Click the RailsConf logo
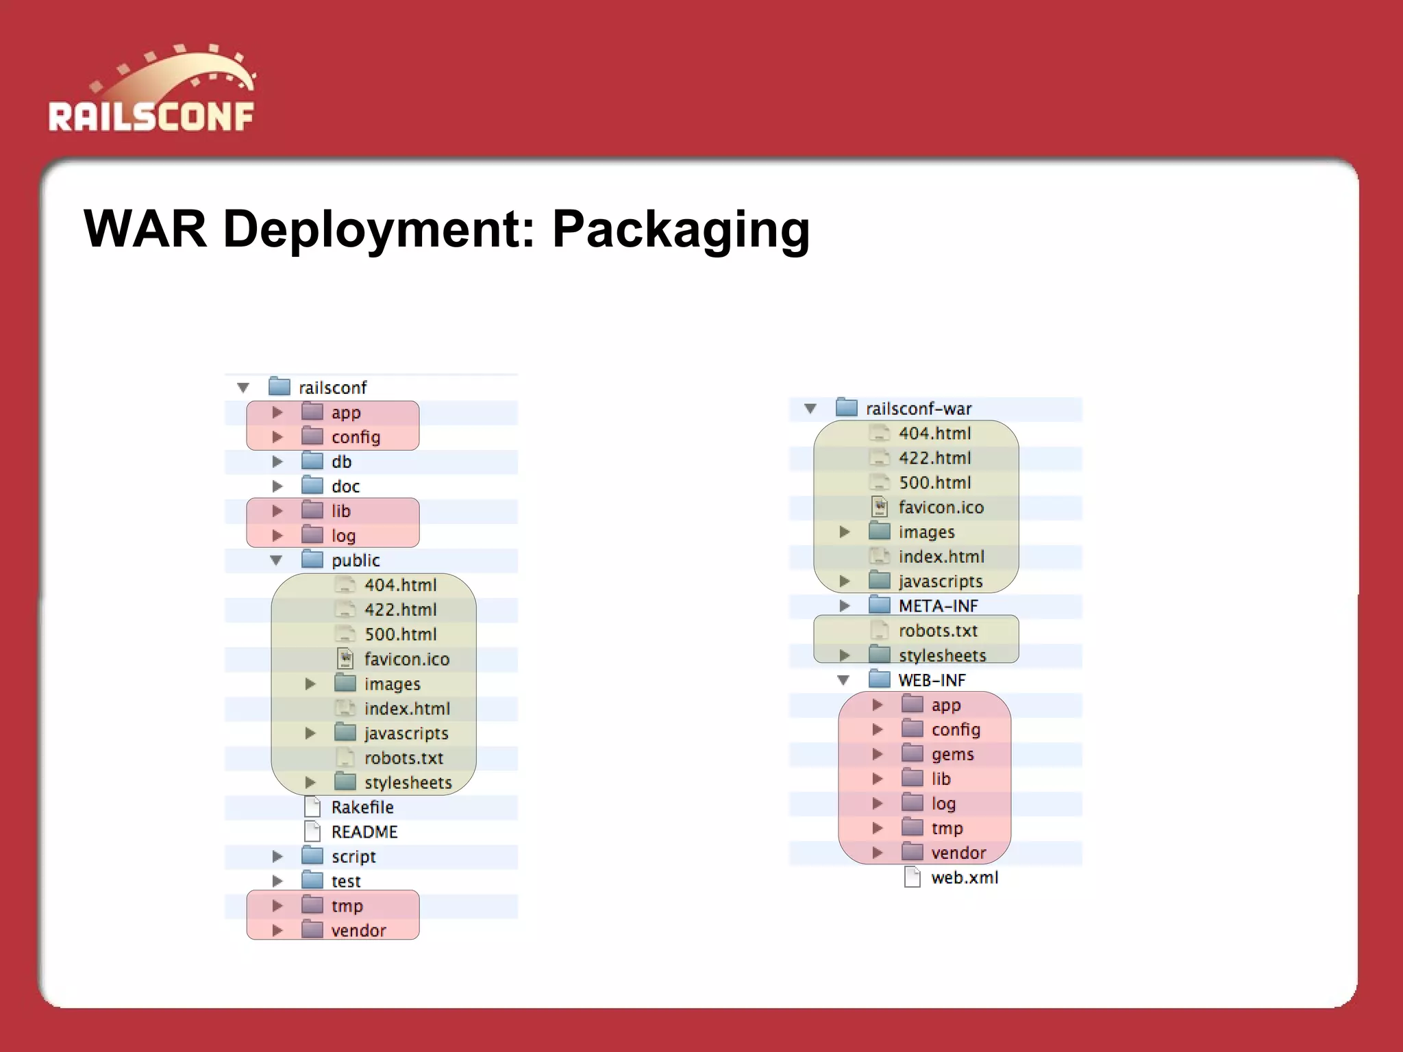151,89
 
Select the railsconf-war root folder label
918,409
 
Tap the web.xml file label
964,877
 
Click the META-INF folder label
938,606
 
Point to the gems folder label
952,754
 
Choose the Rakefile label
362,807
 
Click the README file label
364,832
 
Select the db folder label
341,462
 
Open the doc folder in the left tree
345,486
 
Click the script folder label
353,857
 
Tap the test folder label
346,881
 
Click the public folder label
356,560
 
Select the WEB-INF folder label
932,680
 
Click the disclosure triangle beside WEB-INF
843,680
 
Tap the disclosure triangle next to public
276,560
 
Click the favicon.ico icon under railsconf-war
880,507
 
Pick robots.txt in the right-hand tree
938,631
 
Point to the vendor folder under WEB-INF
958,853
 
